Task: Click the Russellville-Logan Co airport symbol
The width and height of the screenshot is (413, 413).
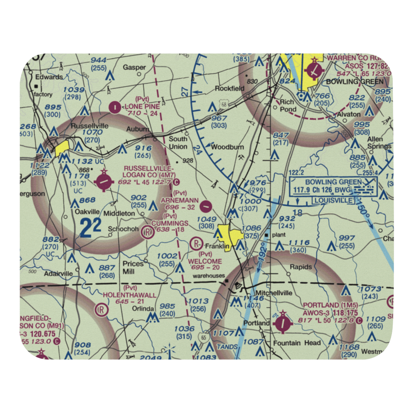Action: [102, 180]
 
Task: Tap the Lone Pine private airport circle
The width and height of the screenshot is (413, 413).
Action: [114, 107]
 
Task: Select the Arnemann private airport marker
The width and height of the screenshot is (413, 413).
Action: [206, 204]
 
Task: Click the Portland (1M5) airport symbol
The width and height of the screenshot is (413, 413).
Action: [283, 322]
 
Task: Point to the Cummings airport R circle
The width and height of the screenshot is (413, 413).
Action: [147, 233]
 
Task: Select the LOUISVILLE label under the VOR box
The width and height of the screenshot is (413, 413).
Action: [334, 200]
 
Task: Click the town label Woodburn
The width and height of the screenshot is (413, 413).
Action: [227, 147]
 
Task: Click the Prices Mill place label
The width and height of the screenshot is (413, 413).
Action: [133, 267]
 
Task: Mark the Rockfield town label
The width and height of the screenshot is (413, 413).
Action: [227, 88]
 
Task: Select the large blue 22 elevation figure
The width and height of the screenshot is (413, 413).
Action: [90, 228]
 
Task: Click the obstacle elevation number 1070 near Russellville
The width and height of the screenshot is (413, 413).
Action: [92, 133]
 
